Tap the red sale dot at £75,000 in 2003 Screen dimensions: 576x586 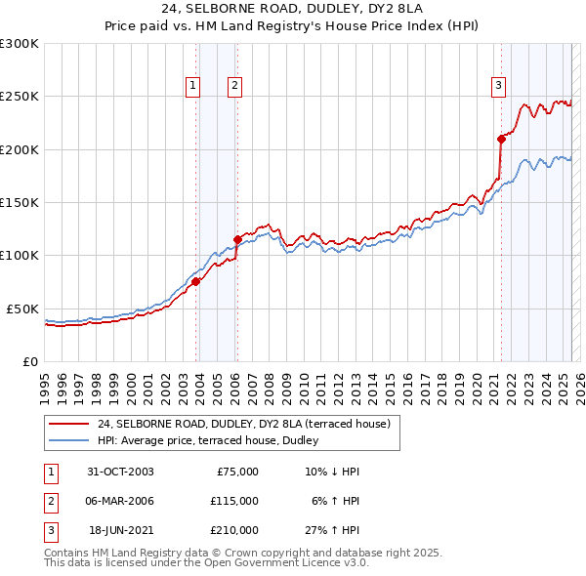coord(195,281)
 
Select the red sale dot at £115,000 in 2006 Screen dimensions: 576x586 coord(237,239)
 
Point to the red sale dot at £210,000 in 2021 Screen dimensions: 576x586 coord(501,139)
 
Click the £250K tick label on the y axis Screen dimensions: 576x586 coord(19,97)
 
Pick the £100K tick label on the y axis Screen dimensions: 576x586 coord(19,255)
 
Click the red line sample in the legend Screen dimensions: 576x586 coord(69,424)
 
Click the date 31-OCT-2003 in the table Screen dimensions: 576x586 coord(121,472)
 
